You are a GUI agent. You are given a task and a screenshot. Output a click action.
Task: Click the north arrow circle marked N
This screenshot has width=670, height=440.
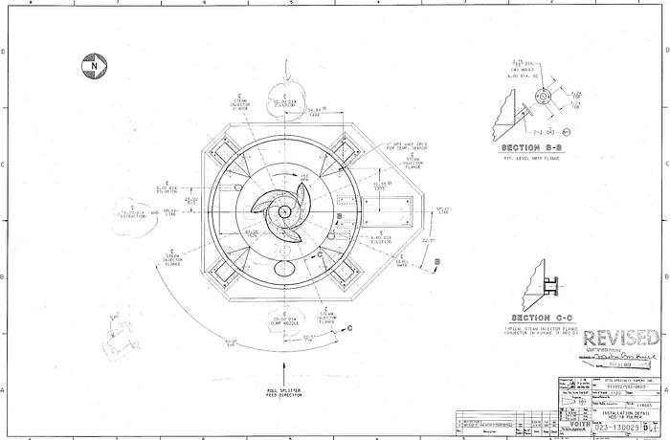(92, 65)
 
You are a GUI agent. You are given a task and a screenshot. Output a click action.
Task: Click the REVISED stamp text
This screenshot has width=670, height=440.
(621, 338)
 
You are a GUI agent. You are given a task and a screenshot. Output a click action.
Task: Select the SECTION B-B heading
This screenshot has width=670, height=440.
(530, 148)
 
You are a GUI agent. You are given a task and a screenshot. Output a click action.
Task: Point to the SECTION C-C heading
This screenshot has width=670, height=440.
(542, 318)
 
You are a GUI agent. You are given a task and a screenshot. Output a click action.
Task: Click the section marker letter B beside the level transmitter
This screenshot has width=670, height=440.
(437, 260)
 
